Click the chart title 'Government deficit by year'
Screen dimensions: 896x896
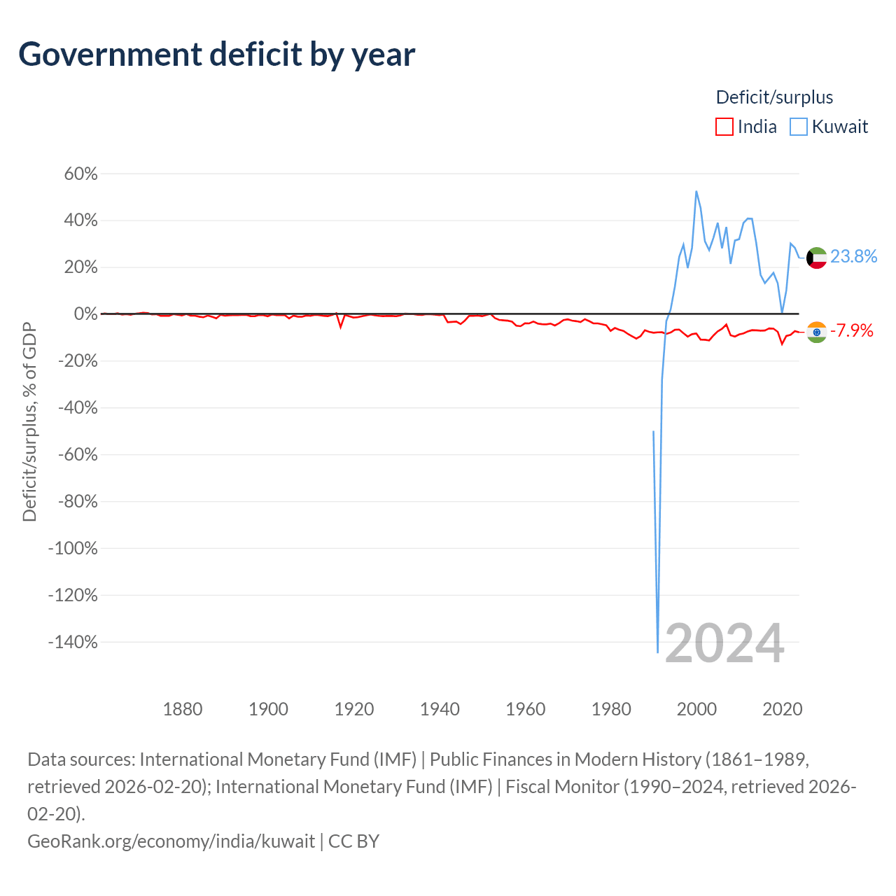pos(216,55)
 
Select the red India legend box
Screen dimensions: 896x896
pos(724,127)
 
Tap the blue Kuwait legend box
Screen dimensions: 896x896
pos(799,127)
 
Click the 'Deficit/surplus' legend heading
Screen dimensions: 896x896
pos(774,97)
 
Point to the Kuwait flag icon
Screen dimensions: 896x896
pos(816,258)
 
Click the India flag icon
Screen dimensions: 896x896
pos(816,332)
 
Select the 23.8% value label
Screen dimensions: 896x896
pos(853,256)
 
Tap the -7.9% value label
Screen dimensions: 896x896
pos(851,330)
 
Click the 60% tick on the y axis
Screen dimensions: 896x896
pos(81,174)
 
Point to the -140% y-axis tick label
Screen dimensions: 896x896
pos(73,642)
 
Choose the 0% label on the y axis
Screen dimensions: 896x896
pos(86,314)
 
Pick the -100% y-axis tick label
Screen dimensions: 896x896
pos(73,548)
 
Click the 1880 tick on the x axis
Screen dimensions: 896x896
pos(183,709)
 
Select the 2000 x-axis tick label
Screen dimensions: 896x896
pos(696,709)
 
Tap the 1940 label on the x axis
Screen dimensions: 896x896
pos(440,709)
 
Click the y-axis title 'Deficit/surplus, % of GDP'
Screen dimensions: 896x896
pos(30,421)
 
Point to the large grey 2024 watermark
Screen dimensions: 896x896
pos(725,643)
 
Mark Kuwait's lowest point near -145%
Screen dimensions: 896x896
pos(657,652)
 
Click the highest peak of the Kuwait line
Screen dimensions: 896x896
pos(696,191)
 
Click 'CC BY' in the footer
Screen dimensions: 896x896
pos(353,841)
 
